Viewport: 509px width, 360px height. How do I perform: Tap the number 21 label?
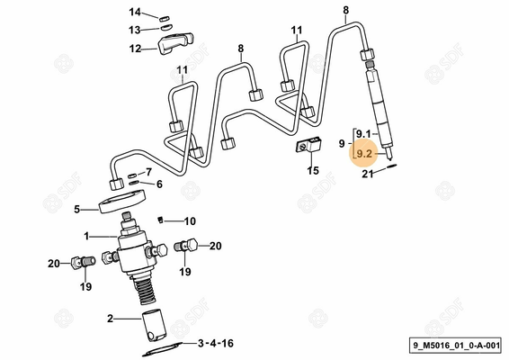368,175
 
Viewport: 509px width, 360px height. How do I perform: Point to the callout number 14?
135,13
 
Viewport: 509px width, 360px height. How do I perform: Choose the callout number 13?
135,29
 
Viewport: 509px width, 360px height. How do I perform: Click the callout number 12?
135,49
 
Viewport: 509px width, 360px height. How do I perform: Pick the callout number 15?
313,169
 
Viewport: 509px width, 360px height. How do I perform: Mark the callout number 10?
190,220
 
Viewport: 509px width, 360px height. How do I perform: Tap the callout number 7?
148,172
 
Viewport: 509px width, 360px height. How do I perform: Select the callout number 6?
158,184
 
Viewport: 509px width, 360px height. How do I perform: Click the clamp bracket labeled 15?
310,144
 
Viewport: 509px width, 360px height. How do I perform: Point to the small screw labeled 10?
161,219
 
